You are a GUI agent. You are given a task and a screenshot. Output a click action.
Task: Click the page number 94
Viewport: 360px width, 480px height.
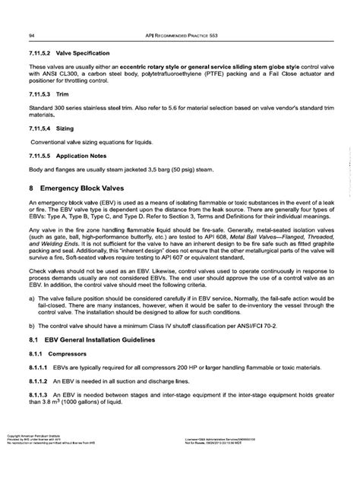pos(30,36)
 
